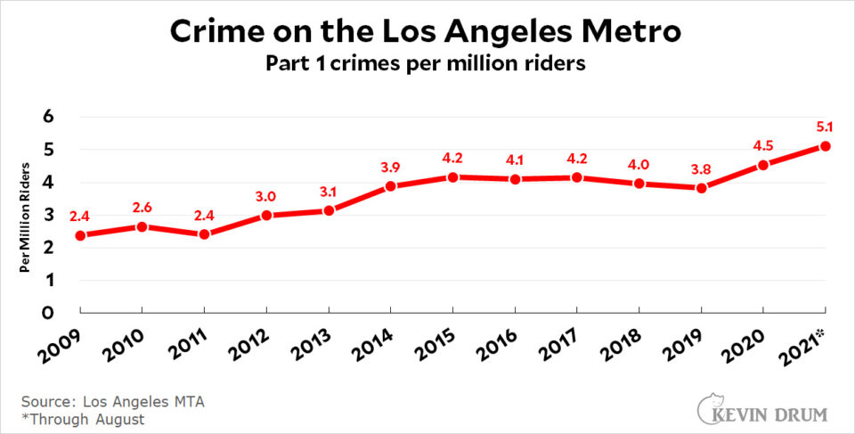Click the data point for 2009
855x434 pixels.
point(81,235)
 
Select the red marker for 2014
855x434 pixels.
point(391,186)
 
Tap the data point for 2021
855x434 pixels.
point(826,146)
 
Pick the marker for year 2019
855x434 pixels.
point(702,188)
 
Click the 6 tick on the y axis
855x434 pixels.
point(50,117)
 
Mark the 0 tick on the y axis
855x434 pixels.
point(50,313)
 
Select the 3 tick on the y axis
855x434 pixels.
point(50,215)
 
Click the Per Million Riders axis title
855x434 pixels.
point(27,215)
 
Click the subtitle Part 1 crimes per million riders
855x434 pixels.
point(427,65)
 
